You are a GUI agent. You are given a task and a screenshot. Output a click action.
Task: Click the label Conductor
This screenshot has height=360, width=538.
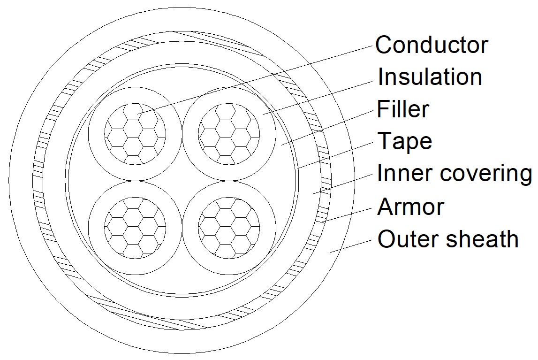(432, 45)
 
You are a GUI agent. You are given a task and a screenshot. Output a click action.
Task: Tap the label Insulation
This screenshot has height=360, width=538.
(430, 77)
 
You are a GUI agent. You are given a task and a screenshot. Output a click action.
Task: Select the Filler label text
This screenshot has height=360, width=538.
(403, 109)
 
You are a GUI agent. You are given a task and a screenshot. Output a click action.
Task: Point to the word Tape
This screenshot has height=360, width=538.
(404, 141)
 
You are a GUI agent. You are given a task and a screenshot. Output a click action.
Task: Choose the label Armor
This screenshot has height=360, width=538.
(411, 207)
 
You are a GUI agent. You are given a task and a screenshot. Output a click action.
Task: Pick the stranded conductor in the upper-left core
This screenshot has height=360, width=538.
(135, 134)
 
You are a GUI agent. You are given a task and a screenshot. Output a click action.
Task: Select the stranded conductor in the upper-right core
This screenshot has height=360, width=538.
(229, 134)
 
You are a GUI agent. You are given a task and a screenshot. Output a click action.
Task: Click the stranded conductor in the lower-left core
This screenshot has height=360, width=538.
(135, 228)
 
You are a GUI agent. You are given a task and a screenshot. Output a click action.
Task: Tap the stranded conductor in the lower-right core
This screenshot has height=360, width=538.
(229, 228)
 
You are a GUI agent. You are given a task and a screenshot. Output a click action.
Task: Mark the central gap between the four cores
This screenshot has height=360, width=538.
(182, 181)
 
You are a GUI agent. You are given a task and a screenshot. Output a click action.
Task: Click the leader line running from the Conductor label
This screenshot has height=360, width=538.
(255, 79)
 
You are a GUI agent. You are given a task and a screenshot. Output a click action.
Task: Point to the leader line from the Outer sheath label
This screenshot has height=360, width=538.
(351, 246)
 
